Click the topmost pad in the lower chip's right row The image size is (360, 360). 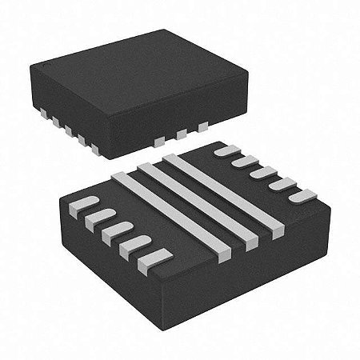point(228,150)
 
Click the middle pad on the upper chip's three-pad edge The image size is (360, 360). point(182,133)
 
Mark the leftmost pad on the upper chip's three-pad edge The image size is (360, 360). point(161,141)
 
